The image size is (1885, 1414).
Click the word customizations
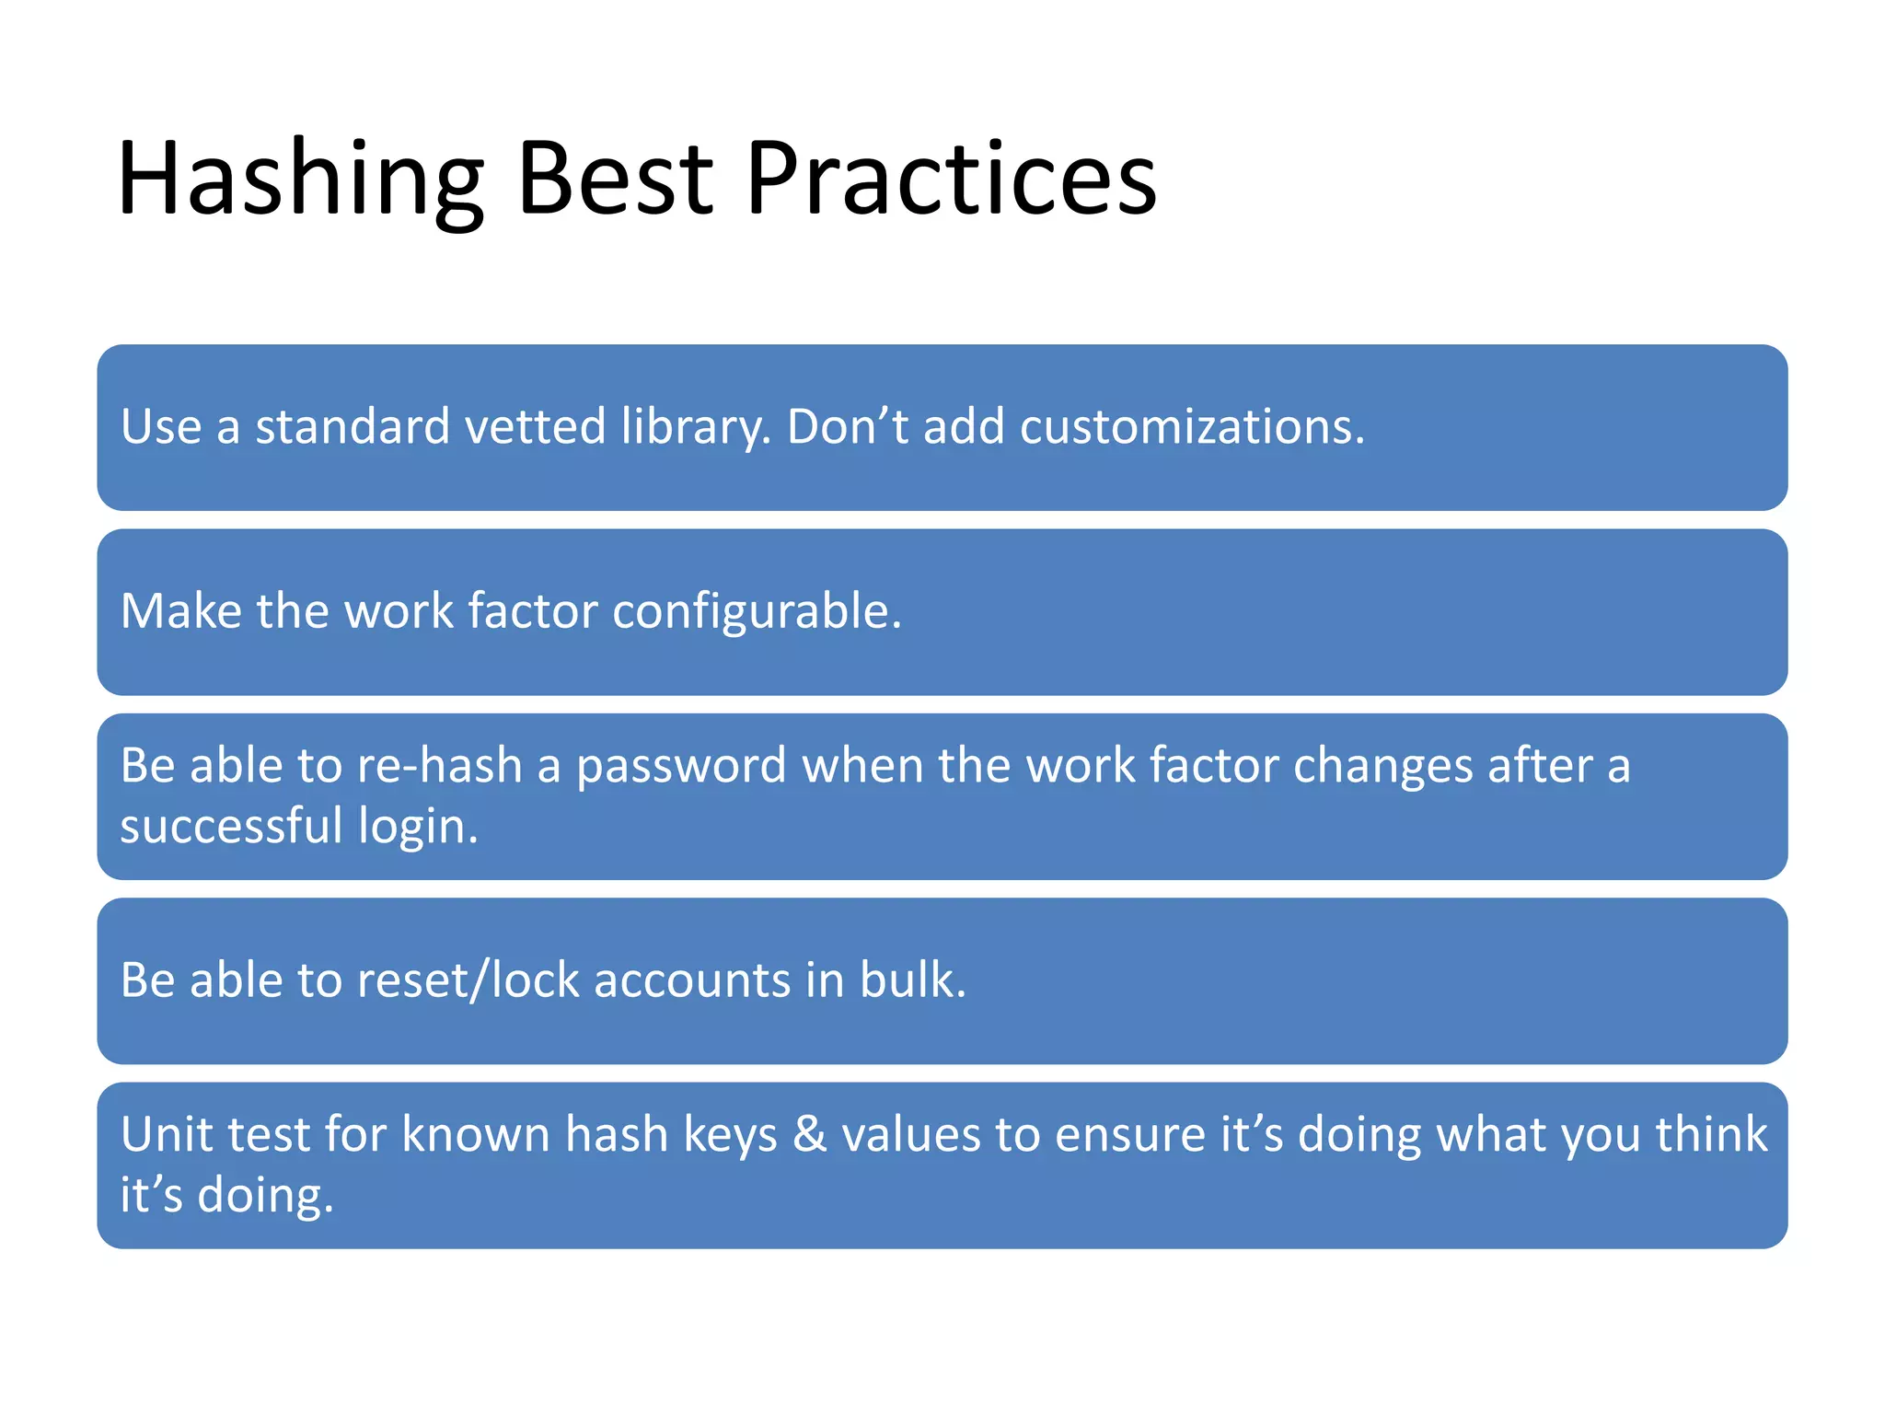1191,427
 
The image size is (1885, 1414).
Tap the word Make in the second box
180,611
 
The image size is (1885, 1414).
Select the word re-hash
439,766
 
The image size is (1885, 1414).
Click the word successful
231,826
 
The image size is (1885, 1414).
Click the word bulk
912,980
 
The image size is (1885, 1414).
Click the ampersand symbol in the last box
809,1134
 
